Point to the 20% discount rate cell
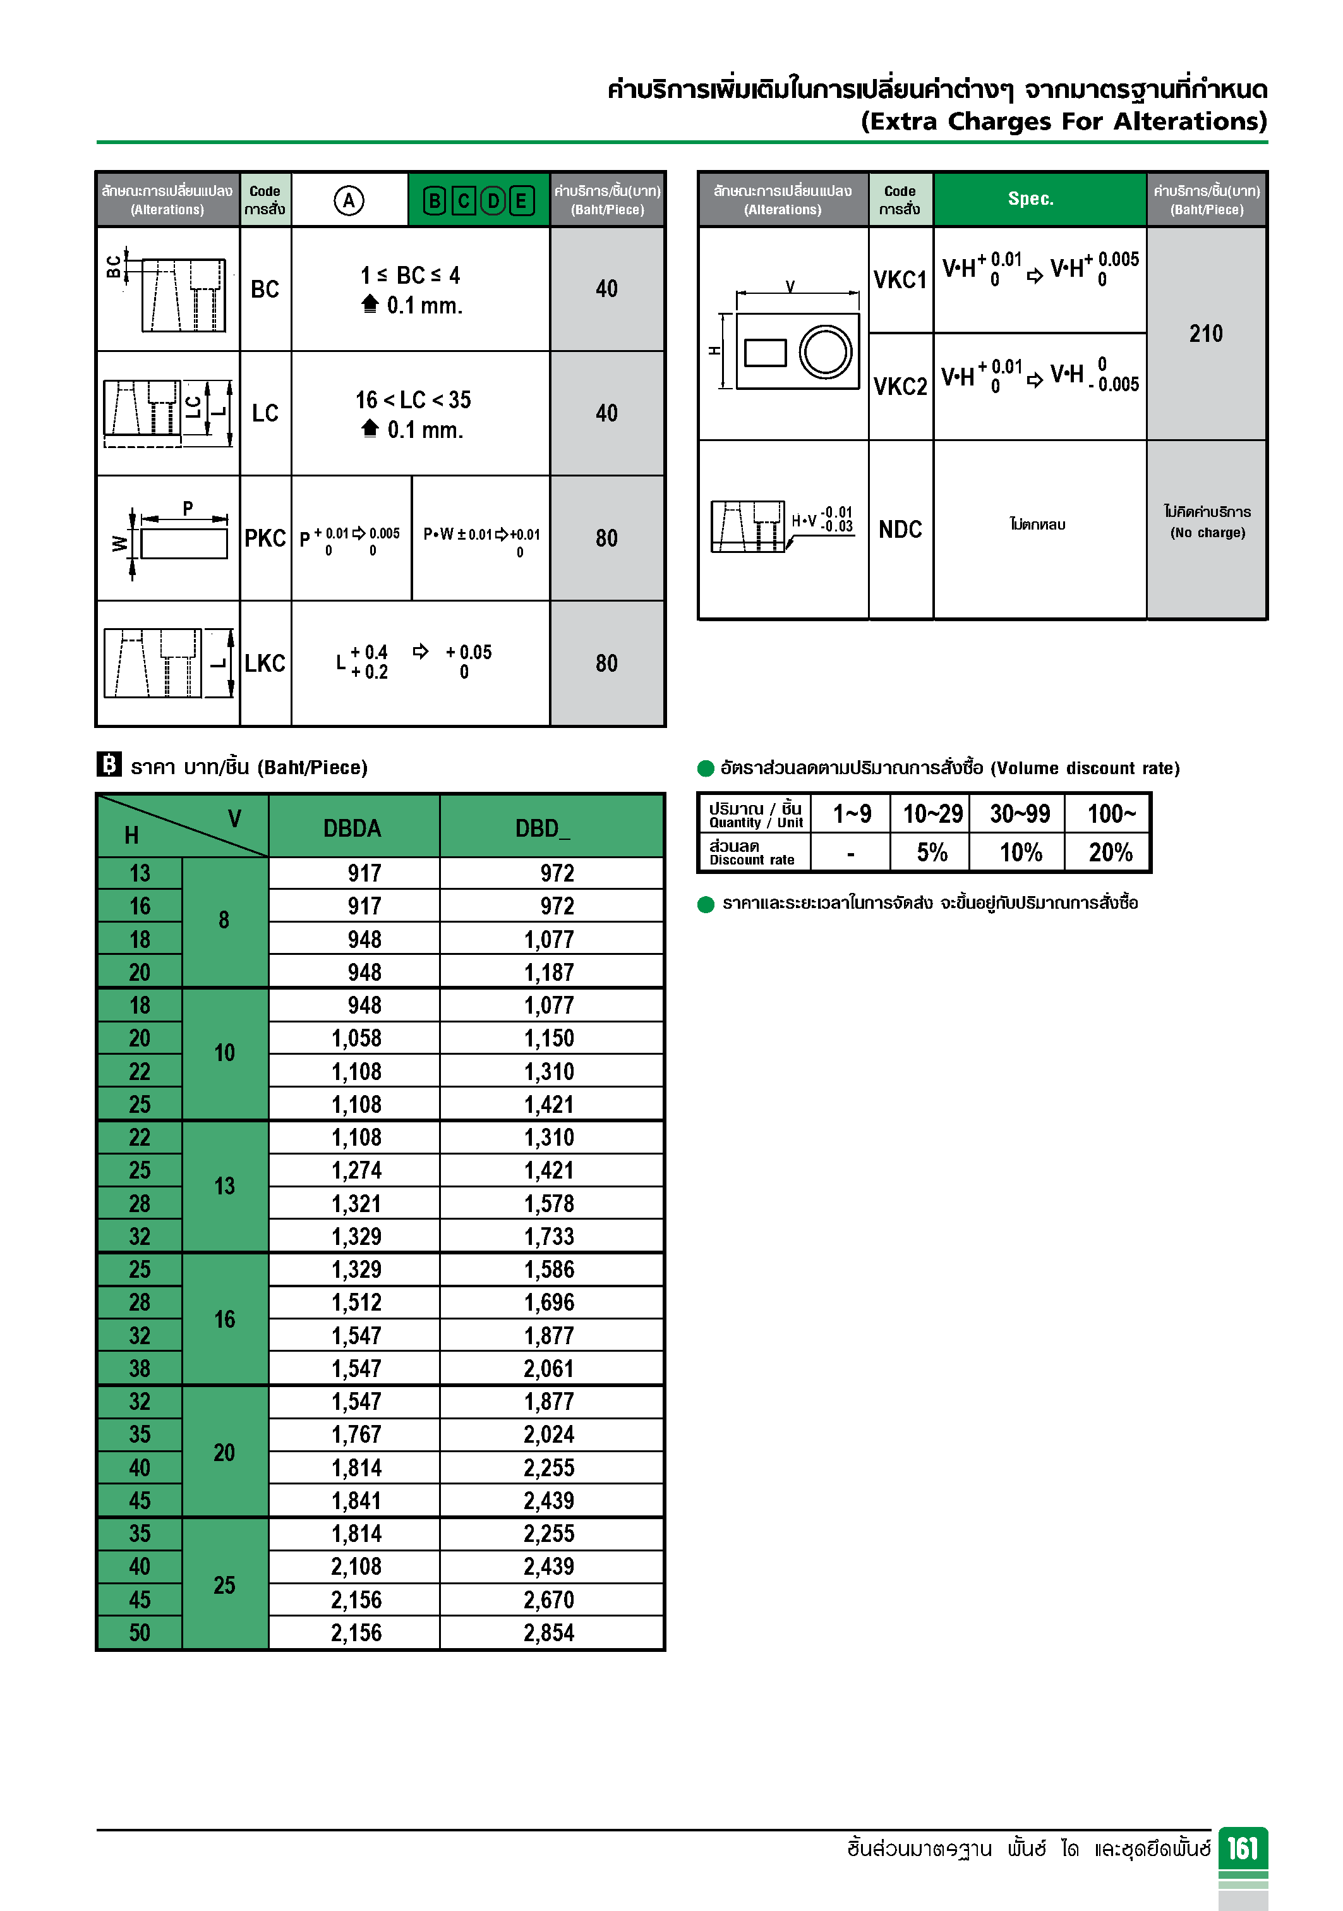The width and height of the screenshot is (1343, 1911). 1110,852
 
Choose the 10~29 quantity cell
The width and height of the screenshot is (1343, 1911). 932,813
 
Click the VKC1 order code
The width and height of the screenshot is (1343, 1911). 900,280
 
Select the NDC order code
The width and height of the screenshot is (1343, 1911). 900,530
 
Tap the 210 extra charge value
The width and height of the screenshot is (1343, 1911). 1206,334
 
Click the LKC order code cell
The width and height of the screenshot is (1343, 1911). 265,664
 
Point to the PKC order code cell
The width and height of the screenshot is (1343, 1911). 265,538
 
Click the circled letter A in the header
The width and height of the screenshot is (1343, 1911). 349,200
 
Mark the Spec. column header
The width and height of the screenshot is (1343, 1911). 1030,198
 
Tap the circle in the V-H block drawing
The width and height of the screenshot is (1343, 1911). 826,351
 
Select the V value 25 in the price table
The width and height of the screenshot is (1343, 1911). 224,1585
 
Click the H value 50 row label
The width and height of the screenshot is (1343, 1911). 139,1633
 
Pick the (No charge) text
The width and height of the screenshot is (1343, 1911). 1207,533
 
